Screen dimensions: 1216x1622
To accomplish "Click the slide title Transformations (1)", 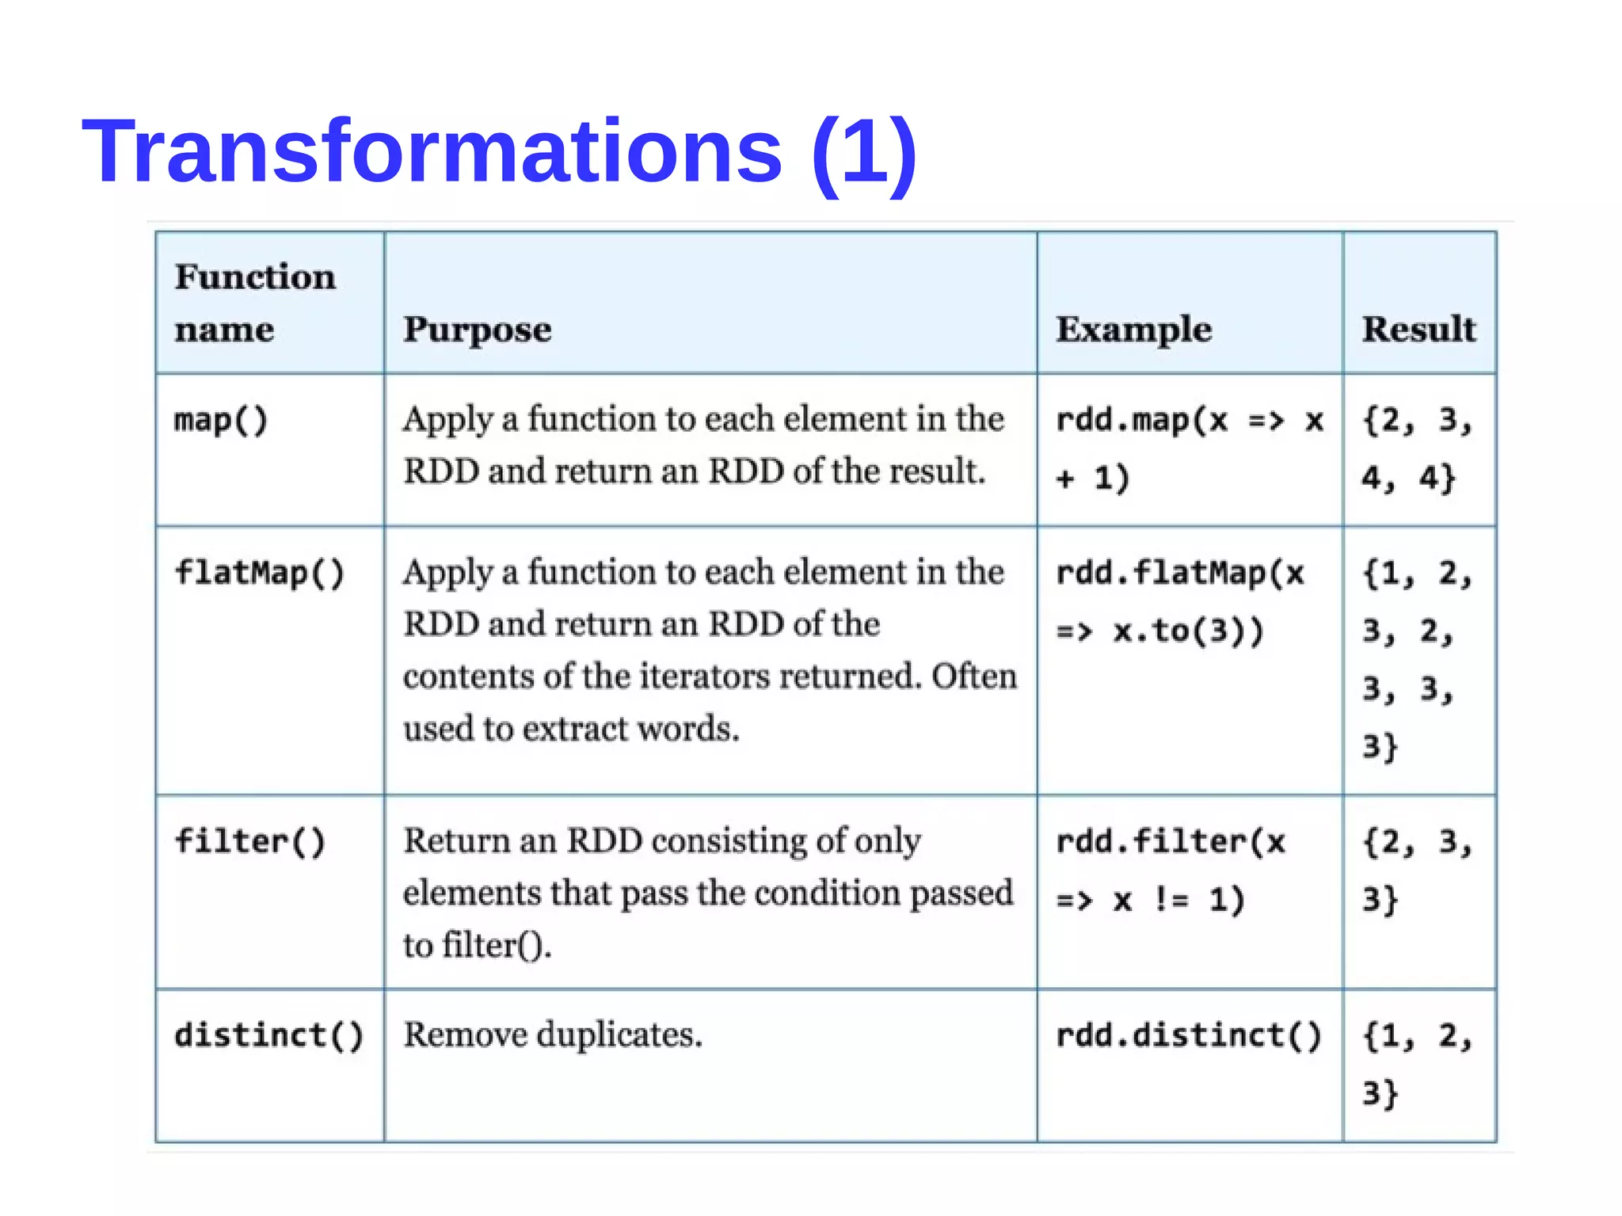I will (499, 151).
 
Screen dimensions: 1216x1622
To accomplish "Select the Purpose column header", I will (477, 329).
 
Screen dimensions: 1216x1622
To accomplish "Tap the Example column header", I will (1133, 329).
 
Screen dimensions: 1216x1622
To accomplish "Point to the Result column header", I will (1418, 329).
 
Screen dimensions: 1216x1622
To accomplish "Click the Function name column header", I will (255, 303).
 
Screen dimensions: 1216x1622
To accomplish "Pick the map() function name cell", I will (221, 420).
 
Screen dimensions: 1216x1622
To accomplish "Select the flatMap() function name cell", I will (259, 573).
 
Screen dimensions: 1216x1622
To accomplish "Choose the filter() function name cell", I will (249, 841).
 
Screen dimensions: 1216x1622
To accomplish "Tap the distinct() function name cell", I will (268, 1035).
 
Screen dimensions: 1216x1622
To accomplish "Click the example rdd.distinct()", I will (1188, 1035).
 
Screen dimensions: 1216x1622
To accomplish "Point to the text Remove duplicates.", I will (553, 1035).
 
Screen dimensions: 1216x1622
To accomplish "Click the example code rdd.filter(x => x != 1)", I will (1170, 870).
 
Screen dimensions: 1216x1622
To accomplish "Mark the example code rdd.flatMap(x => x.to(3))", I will (1179, 602).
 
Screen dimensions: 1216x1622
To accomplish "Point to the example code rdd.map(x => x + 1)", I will (1188, 449).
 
